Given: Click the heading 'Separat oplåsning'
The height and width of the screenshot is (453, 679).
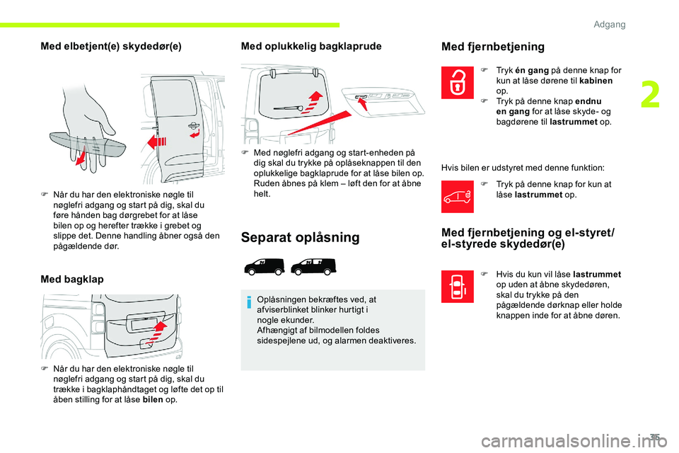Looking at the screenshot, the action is [x=300, y=238].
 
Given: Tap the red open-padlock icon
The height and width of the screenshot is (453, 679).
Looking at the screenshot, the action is [x=458, y=82].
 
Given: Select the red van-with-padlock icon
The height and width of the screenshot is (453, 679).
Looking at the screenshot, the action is [x=458, y=197].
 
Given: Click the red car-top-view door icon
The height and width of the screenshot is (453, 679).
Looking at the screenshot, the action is [x=458, y=287].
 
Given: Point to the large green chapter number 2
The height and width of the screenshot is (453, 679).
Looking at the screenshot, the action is [x=651, y=96].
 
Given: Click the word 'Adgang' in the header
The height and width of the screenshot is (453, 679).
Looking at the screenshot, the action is [x=609, y=24].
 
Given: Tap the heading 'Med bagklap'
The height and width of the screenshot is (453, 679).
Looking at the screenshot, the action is [x=72, y=280].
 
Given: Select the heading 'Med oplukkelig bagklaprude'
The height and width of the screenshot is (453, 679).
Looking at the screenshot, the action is [x=311, y=47].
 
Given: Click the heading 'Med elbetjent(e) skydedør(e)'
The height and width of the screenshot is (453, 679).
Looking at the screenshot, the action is [x=111, y=47].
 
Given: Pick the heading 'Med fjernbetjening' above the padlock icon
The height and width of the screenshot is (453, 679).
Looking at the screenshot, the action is [x=493, y=47].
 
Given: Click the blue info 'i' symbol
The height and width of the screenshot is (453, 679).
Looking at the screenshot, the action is [x=249, y=302].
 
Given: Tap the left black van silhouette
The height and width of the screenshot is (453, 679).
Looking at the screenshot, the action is [x=265, y=267].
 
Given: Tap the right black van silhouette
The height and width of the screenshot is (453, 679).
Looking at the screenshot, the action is [x=313, y=267].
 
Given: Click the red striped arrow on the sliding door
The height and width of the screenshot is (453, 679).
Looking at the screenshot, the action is [x=157, y=142].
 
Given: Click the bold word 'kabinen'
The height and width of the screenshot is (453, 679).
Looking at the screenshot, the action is [x=596, y=81].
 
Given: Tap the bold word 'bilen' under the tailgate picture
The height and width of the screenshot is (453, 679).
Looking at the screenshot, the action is [x=153, y=400].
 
